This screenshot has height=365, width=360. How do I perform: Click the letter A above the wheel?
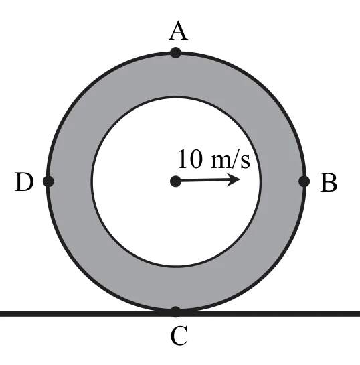tap(178, 31)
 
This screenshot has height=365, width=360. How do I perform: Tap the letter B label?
tap(329, 182)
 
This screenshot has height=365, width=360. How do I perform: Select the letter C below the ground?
tap(179, 336)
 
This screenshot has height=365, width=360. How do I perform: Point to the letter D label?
tap(24, 181)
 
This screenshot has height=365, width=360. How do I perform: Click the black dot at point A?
tap(175, 53)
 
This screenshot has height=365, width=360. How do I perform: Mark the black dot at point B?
tap(304, 181)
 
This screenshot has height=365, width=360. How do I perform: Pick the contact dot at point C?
tap(175, 312)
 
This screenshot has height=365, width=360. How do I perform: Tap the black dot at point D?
tap(48, 181)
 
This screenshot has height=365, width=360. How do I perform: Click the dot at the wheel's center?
tap(175, 181)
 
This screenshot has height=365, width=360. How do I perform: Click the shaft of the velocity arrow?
tap(205, 180)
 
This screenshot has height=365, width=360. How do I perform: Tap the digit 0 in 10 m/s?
tap(196, 159)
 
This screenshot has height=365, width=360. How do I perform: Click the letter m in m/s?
tap(220, 161)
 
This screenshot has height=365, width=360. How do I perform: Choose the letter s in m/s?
tap(245, 161)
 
